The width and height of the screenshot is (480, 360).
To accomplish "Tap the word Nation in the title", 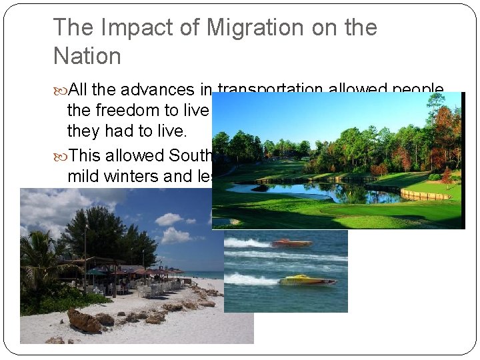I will pyautogui.click(x=87, y=56).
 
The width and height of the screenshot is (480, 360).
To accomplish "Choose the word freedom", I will pyautogui.click(x=137, y=111).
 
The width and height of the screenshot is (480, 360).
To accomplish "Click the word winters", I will pyautogui.click(x=151, y=176).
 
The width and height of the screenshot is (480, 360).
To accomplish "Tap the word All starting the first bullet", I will pyautogui.click(x=79, y=91).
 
